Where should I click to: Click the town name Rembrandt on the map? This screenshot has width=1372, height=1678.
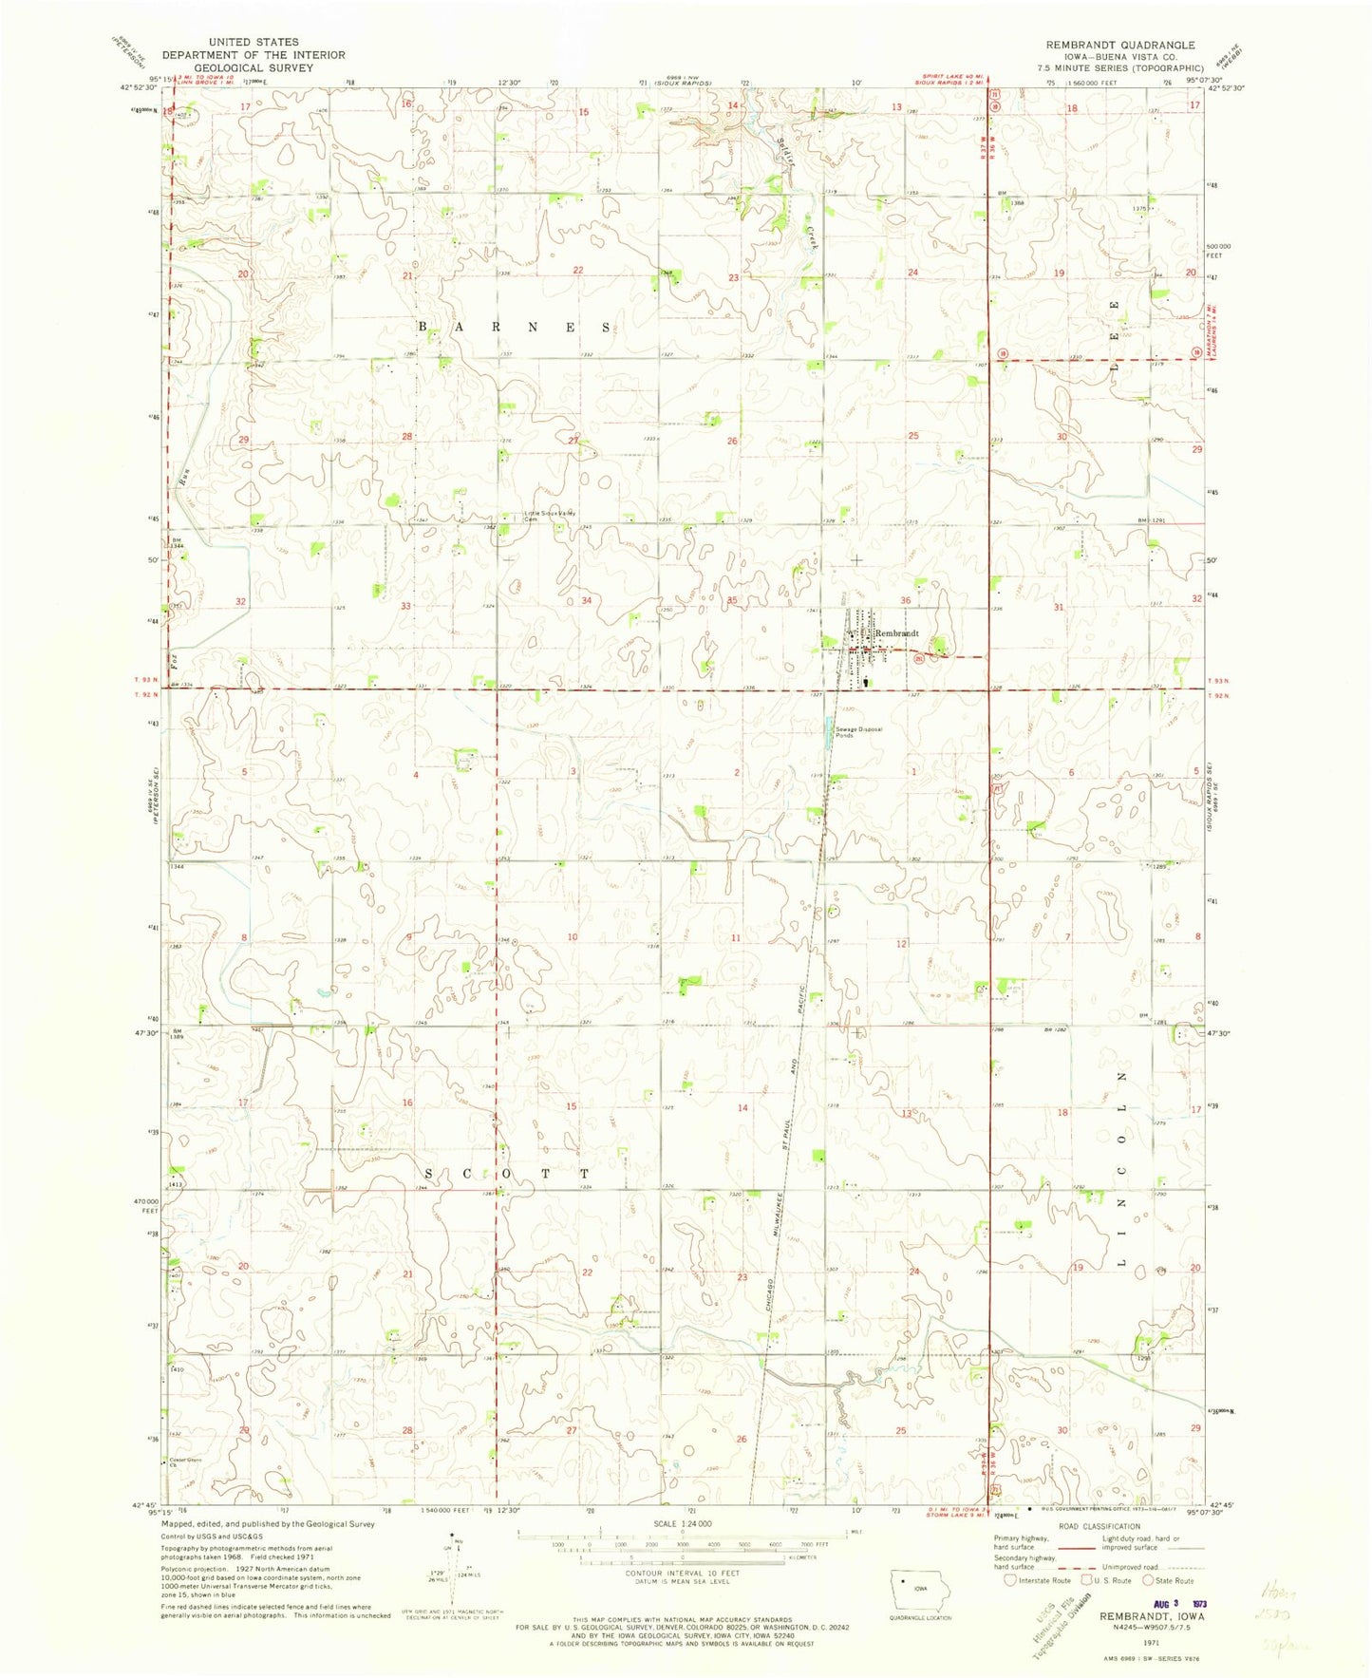tap(897, 633)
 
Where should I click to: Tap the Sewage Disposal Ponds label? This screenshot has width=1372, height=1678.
tap(858, 732)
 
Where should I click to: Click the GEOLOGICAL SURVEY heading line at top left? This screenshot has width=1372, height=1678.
tap(254, 67)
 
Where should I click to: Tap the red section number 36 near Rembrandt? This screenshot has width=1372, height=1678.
tap(906, 600)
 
